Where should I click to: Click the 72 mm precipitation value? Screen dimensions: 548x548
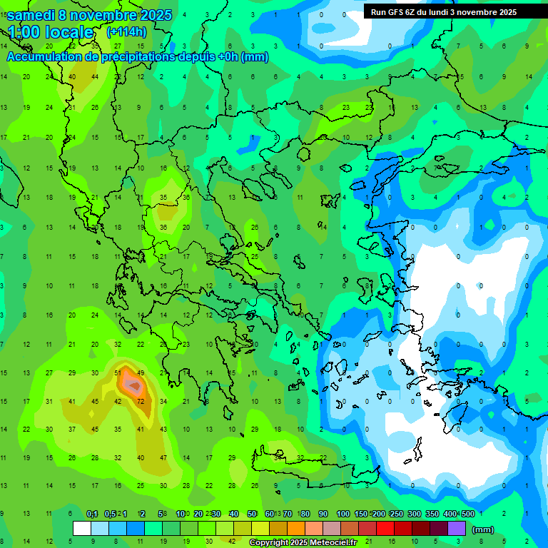(x=141, y=401)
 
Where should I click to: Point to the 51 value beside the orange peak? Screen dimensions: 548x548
(x=118, y=373)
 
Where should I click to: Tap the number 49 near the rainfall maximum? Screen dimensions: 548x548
(x=141, y=373)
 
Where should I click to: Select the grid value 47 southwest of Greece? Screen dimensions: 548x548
(x=163, y=457)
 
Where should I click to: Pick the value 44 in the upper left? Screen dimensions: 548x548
(x=95, y=77)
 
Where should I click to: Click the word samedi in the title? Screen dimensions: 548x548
(x=35, y=14)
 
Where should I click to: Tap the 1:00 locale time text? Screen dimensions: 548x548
(x=51, y=32)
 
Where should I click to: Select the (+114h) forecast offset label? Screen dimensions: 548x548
(x=127, y=32)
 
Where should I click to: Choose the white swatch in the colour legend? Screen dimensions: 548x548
(x=82, y=528)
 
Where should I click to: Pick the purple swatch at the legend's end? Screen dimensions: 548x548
(x=457, y=528)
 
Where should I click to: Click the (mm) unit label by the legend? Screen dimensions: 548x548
(x=483, y=529)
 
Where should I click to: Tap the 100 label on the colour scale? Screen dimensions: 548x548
(x=342, y=514)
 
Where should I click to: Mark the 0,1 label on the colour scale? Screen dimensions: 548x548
(x=92, y=514)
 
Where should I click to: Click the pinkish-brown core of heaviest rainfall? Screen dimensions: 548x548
(x=133, y=385)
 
